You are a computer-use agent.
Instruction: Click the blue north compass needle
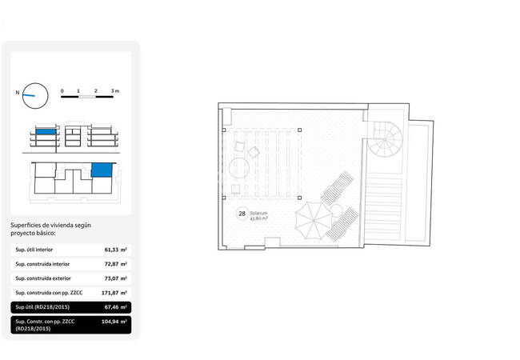click(29, 95)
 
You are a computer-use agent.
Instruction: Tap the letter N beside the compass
click(18, 93)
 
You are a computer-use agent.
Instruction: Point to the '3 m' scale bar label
click(115, 91)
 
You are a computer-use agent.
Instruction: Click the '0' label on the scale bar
click(62, 91)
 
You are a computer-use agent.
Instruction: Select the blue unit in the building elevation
click(46, 132)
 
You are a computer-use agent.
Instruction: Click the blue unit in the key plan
click(102, 170)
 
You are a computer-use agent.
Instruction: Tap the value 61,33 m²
click(115, 250)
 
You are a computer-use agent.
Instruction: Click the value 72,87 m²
click(115, 264)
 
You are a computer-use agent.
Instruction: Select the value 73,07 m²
click(115, 278)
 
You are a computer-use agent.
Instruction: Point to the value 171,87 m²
click(114, 293)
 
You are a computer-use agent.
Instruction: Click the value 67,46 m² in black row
click(115, 307)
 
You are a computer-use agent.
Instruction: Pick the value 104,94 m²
click(114, 322)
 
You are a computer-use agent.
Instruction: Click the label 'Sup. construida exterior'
click(43, 278)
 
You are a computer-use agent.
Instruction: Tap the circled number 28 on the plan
click(242, 214)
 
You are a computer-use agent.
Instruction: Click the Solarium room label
click(258, 213)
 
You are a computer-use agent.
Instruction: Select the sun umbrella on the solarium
click(314, 221)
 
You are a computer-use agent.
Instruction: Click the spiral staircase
click(385, 139)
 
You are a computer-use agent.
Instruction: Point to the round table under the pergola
click(239, 168)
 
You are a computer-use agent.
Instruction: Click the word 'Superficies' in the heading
click(26, 226)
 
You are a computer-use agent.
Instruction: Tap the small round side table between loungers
click(336, 211)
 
